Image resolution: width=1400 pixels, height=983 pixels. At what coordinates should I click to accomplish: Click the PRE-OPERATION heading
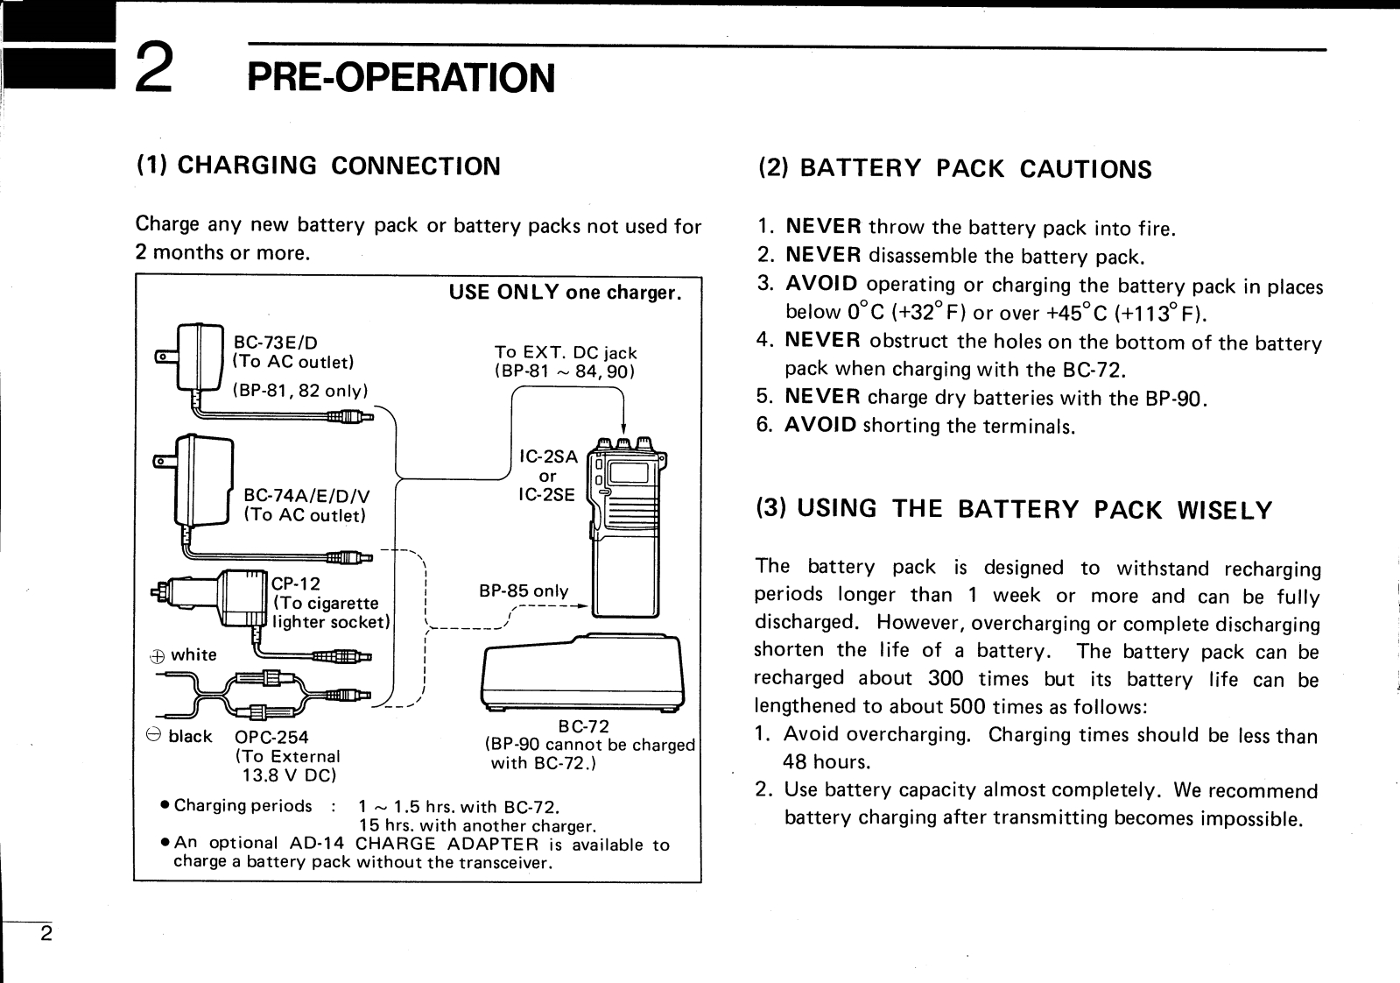[x=401, y=77]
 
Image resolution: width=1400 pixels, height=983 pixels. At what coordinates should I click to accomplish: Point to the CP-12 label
[x=296, y=583]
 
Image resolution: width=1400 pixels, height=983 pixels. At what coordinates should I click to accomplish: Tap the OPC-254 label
[x=271, y=738]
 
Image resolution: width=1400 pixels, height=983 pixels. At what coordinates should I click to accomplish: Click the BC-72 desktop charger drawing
[x=583, y=674]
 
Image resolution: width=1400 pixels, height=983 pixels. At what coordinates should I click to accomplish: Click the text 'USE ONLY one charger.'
[x=565, y=292]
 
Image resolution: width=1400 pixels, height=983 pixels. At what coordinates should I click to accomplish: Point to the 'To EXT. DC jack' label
[x=566, y=352]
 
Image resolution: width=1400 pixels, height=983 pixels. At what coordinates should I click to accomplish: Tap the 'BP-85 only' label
[x=524, y=591]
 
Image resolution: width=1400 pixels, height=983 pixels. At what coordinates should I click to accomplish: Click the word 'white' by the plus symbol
[x=193, y=654]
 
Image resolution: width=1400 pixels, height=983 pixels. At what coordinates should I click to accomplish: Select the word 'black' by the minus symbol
[x=190, y=736]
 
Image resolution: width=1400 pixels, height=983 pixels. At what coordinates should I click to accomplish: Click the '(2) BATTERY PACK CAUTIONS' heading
[x=954, y=168]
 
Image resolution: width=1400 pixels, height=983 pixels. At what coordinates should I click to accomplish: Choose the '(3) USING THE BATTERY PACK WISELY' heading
[x=1014, y=509]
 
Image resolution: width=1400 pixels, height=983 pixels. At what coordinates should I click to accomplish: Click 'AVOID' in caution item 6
[x=820, y=426]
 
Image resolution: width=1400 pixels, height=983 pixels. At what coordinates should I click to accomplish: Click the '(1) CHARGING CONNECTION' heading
[x=319, y=166]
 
